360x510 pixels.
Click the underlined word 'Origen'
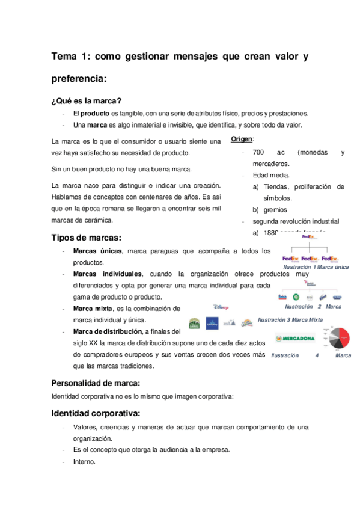point(242,140)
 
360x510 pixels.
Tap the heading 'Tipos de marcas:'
point(87,238)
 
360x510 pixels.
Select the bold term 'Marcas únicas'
point(97,251)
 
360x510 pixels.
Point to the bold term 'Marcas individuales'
point(108,274)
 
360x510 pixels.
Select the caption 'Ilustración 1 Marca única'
point(316,267)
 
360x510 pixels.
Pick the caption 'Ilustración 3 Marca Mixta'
point(285,319)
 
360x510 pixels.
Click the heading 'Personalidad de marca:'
point(96,382)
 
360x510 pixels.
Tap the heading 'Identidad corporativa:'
point(95,413)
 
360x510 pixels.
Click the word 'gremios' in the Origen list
point(275,210)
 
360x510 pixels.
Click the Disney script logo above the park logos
point(221,307)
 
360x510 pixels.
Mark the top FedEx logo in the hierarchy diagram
point(308,236)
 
